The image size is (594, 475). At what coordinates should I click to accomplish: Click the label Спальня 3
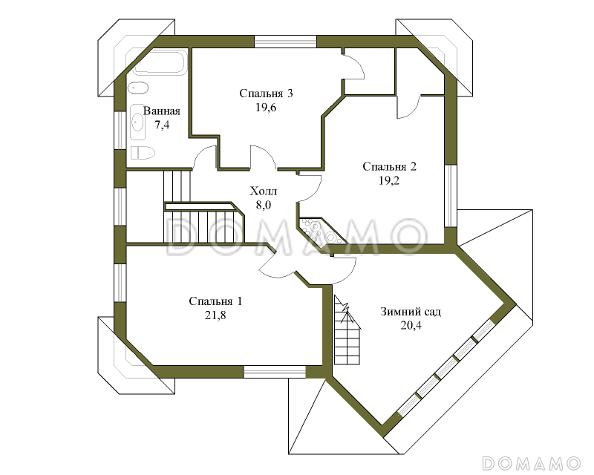(266, 94)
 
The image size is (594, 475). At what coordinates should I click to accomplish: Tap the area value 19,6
(266, 108)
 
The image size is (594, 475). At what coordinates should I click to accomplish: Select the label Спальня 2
(389, 167)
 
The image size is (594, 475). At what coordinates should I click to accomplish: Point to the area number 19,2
(389, 180)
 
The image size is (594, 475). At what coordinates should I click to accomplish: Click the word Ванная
(162, 111)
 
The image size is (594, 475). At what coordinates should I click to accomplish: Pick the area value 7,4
(162, 125)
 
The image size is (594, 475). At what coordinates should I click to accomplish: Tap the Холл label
(264, 191)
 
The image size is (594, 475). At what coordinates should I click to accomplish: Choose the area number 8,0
(264, 206)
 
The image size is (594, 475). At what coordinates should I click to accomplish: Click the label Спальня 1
(215, 301)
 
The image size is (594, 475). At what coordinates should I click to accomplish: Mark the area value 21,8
(215, 315)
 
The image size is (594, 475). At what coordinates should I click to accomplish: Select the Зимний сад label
(411, 312)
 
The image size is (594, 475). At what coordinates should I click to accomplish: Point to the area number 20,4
(411, 325)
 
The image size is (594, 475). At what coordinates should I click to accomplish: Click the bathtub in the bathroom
(160, 62)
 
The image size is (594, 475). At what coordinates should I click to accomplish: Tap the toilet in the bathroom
(143, 153)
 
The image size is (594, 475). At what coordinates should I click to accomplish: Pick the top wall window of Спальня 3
(285, 42)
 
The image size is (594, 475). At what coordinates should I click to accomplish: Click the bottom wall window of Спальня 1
(275, 372)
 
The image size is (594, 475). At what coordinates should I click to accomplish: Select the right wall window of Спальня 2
(451, 196)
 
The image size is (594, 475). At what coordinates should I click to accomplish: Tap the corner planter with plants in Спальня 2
(322, 231)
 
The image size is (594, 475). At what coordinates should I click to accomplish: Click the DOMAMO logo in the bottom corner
(532, 463)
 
